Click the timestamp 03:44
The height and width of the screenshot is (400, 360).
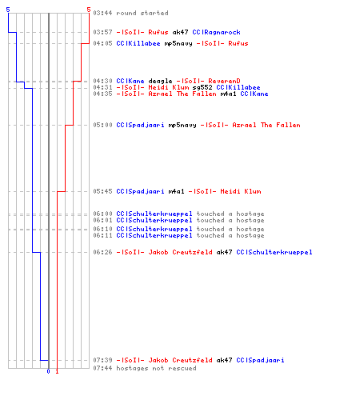point(102,13)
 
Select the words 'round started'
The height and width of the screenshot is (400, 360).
point(142,13)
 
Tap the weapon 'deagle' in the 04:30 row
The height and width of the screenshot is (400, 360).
point(160,81)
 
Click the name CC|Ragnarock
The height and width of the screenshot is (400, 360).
point(216,32)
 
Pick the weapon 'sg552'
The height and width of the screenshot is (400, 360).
point(202,87)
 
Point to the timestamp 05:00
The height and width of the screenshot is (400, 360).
point(102,125)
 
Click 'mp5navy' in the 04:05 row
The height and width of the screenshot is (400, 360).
point(178,43)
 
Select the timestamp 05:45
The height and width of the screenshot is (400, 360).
point(102,191)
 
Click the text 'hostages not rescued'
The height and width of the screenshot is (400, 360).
point(156,368)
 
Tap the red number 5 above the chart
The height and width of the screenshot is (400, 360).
point(89,10)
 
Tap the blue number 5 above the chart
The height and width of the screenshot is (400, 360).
point(8,10)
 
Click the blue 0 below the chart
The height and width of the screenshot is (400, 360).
point(48,371)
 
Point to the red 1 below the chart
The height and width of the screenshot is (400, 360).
point(57,371)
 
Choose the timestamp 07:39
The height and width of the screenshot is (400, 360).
point(102,360)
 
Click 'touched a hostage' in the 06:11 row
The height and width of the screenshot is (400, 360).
point(230,235)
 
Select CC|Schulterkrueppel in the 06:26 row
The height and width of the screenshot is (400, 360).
point(274,252)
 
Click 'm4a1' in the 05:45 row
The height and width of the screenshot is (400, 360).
point(176,191)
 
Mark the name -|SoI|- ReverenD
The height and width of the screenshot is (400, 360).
point(208,81)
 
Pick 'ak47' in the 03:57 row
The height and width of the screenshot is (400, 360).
point(180,32)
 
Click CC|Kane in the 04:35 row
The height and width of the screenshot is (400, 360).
point(254,94)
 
